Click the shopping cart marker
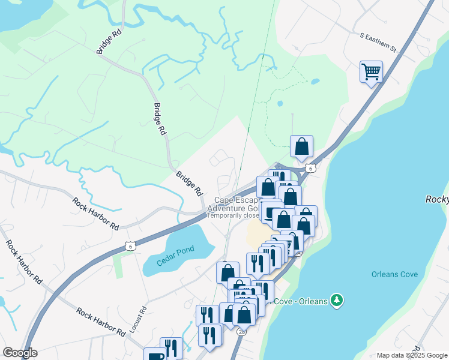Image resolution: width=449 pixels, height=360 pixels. pos(371,72)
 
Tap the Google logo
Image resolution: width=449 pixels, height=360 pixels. pos(20,353)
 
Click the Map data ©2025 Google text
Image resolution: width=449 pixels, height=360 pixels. pos(412,355)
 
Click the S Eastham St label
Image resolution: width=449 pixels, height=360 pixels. pos(379,42)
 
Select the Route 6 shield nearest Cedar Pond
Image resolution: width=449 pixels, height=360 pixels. pos(130,245)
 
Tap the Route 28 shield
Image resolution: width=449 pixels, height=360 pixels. pos(241,331)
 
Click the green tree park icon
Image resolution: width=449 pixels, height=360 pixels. pos(338,299)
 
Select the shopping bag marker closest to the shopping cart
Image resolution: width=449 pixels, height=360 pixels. pos(301,146)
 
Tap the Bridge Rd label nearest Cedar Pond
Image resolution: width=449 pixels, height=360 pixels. pos(189,184)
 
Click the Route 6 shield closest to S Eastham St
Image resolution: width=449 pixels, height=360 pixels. pos(310,169)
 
